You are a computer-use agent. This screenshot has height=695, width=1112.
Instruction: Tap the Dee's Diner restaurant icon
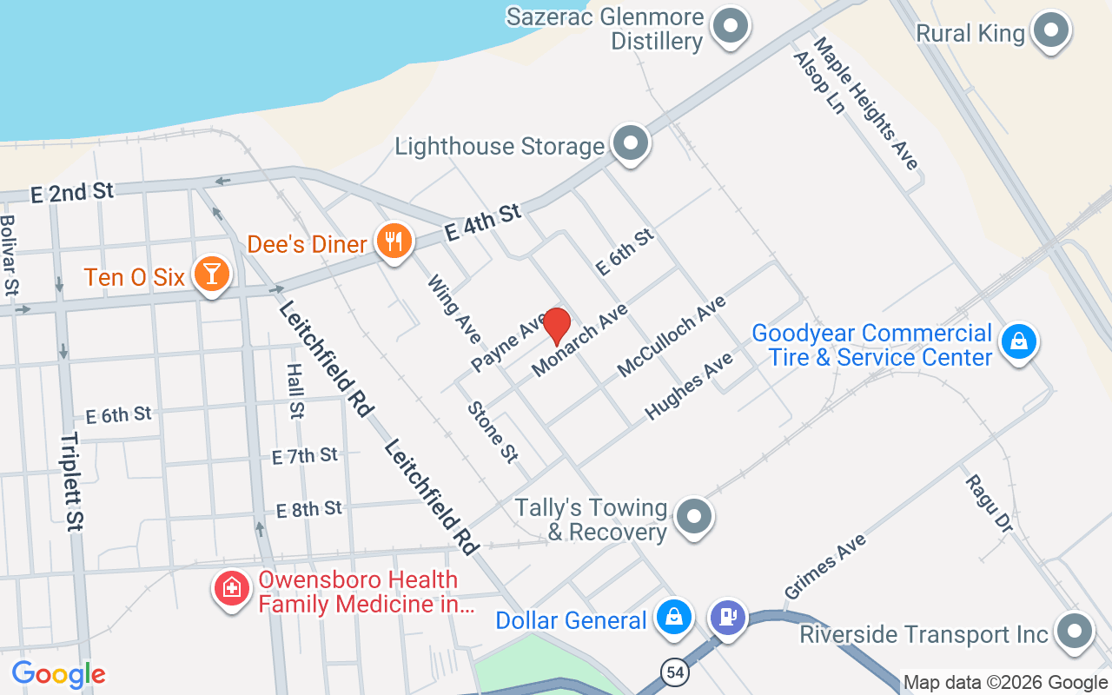(394, 242)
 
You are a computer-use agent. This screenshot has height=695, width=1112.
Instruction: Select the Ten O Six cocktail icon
(211, 275)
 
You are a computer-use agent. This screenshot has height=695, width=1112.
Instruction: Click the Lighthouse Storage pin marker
(631, 143)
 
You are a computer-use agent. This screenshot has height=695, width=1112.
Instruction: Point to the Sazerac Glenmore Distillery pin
(730, 26)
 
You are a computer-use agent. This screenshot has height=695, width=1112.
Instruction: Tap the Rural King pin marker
(1051, 31)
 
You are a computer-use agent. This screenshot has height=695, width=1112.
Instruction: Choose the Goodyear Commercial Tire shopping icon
(1018, 341)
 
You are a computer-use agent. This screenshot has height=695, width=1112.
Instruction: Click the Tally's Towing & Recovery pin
(693, 517)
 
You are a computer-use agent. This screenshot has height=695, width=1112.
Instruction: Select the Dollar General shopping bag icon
(673, 617)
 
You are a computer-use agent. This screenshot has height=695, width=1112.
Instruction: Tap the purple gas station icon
(727, 617)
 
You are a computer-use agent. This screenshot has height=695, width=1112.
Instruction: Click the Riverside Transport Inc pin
(1074, 632)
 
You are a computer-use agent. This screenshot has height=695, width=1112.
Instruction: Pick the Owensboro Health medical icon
(232, 589)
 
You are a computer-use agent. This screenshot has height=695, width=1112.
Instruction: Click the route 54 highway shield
(674, 672)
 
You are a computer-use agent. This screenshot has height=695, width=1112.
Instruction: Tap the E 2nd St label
(72, 192)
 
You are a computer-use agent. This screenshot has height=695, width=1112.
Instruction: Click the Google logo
(58, 673)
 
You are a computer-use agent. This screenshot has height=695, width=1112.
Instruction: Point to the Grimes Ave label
(825, 566)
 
